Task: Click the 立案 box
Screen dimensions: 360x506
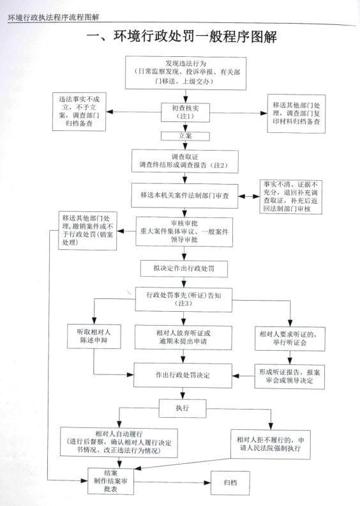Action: pos(185,136)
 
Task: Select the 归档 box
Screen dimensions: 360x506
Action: pos(230,483)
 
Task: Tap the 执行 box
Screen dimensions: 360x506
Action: pos(183,408)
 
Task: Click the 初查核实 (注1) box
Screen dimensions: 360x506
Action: pos(185,112)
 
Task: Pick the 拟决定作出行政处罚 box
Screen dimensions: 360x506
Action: pos(184,268)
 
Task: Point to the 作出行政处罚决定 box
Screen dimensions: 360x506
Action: pos(183,375)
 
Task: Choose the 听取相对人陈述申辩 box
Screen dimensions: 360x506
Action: pos(94,336)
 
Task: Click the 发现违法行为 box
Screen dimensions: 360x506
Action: pos(186,73)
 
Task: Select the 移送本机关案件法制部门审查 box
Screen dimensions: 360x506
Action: pos(184,195)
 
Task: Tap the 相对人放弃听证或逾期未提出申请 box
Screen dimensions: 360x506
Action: pos(183,337)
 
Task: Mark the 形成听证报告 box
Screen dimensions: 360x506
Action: pos(289,376)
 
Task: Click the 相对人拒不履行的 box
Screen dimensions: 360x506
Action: pos(271,445)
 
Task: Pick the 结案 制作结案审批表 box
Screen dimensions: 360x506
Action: pos(110,481)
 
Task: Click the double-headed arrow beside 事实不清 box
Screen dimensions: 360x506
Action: pos(249,196)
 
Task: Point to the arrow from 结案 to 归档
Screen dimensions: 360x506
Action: pos(172,482)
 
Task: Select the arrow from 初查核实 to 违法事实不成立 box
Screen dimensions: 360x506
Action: pos(133,112)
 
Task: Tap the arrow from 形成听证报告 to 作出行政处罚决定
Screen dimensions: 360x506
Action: pos(243,376)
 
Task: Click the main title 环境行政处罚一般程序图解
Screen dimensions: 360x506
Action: pos(182,36)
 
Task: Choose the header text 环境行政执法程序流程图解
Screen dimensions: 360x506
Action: pos(54,17)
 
